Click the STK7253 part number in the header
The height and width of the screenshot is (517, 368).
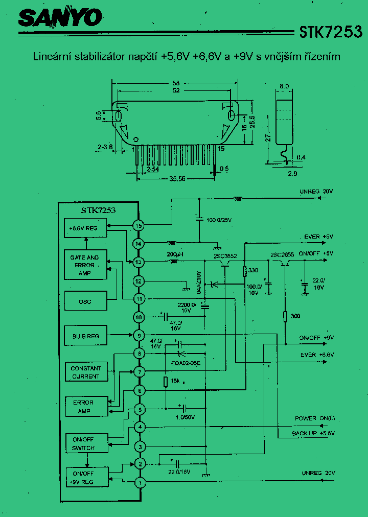pos(331,32)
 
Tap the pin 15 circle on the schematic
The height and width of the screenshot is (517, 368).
pos(138,225)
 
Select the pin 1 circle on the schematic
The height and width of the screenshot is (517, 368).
pos(138,482)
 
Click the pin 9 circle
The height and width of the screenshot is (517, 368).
pos(138,336)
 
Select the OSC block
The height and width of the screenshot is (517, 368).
pos(85,301)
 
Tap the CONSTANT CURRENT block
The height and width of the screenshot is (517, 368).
pos(86,372)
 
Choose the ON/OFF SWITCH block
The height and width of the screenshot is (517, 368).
pos(83,444)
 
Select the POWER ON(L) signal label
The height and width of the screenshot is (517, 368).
pos(313,418)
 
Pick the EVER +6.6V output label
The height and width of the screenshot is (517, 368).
pos(317,355)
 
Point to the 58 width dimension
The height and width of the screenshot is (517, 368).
pos(175,83)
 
